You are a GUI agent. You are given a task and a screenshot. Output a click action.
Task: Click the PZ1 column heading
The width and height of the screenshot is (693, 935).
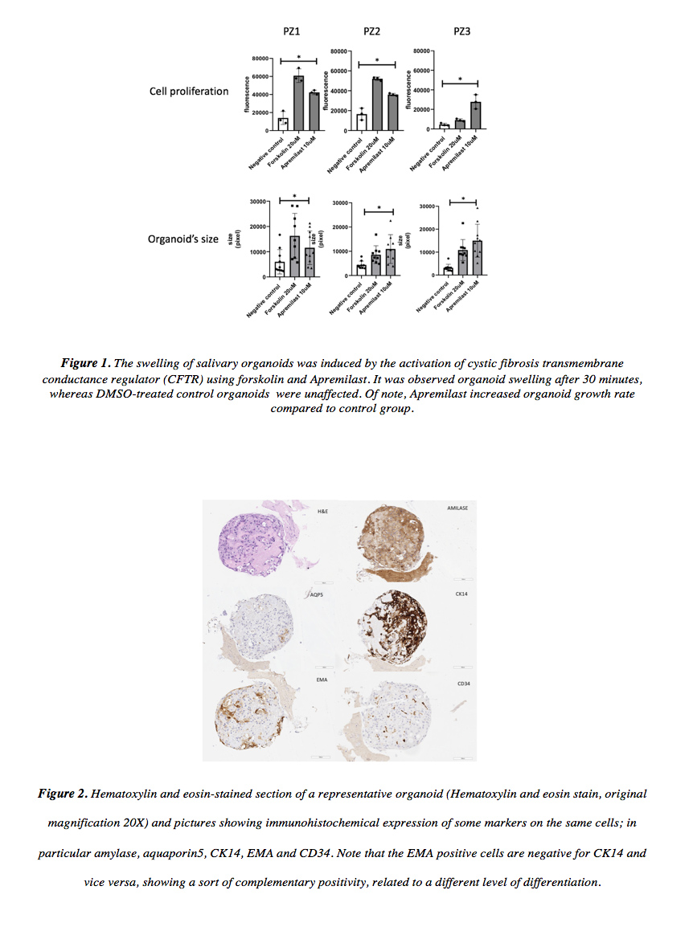pos(292,31)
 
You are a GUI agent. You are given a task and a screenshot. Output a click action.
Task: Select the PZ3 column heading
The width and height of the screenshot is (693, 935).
pos(462,31)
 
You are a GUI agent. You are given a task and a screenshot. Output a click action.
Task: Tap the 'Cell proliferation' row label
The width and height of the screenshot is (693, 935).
pos(189,92)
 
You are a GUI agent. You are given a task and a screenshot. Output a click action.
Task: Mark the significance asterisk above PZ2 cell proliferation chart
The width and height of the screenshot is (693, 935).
pos(377,59)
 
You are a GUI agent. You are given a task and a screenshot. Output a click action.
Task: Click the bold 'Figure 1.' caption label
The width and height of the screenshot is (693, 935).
pos(88,364)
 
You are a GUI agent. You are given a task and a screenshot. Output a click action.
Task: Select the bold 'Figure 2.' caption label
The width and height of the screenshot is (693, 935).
pos(63,794)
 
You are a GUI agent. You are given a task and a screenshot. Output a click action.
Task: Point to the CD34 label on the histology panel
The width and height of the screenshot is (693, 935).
pos(463,684)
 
